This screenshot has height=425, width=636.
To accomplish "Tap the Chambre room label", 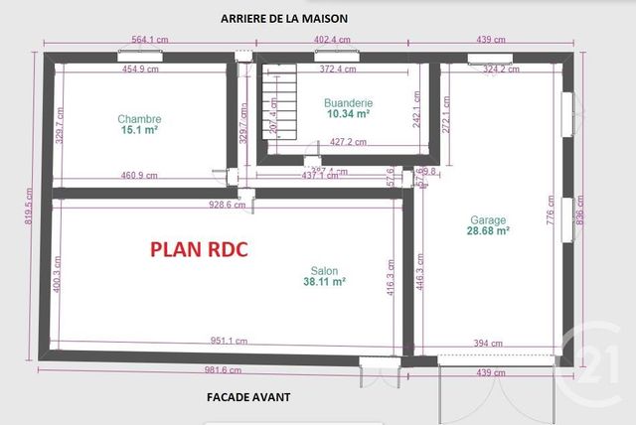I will click(139, 119).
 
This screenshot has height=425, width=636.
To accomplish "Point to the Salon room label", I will click(324, 269).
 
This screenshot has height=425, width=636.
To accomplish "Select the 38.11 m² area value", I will click(324, 282).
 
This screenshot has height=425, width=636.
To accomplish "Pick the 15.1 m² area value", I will click(140, 130).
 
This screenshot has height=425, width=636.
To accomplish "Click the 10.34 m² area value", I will click(348, 114).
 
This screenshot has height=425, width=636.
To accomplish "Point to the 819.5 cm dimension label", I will click(29, 210).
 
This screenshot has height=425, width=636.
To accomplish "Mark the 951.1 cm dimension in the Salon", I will click(230, 341).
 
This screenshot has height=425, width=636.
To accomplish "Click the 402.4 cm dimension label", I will click(334, 40).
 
